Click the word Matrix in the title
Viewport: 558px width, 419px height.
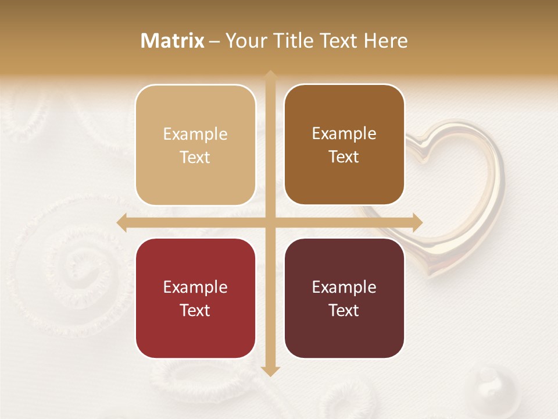click(x=173, y=41)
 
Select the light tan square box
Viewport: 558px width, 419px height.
click(x=195, y=145)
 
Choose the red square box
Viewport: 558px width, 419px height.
click(x=195, y=298)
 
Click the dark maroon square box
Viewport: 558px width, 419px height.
click(x=344, y=298)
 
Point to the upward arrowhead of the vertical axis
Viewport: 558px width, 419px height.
click(x=270, y=75)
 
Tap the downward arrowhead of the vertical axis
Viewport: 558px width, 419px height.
click(x=270, y=371)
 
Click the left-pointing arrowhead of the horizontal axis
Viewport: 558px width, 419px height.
click(x=121, y=223)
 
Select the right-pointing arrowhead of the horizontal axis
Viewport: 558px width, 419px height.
click(x=418, y=223)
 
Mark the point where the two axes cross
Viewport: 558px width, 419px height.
click(x=270, y=223)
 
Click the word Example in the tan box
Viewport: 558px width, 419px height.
click(x=195, y=134)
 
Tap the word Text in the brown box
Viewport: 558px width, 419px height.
click(x=344, y=157)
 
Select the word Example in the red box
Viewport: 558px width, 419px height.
click(x=195, y=287)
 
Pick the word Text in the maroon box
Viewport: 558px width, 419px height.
click(x=344, y=310)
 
